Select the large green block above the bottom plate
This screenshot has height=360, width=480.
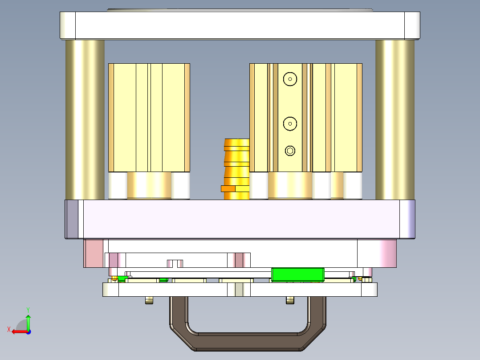(x=297, y=275)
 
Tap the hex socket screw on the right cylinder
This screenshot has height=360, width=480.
(x=290, y=151)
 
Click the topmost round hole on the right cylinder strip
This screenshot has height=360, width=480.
(x=290, y=79)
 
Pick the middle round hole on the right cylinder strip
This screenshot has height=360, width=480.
(x=290, y=123)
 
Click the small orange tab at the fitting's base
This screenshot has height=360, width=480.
(x=228, y=188)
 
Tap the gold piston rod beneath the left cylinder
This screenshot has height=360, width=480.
(x=149, y=185)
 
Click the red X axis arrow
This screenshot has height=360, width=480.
(x=18, y=331)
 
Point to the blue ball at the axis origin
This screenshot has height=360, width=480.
(x=28, y=331)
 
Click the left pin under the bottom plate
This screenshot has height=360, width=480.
(x=149, y=301)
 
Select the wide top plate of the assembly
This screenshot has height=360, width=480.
(x=240, y=25)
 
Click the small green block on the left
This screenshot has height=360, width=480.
(x=123, y=279)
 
